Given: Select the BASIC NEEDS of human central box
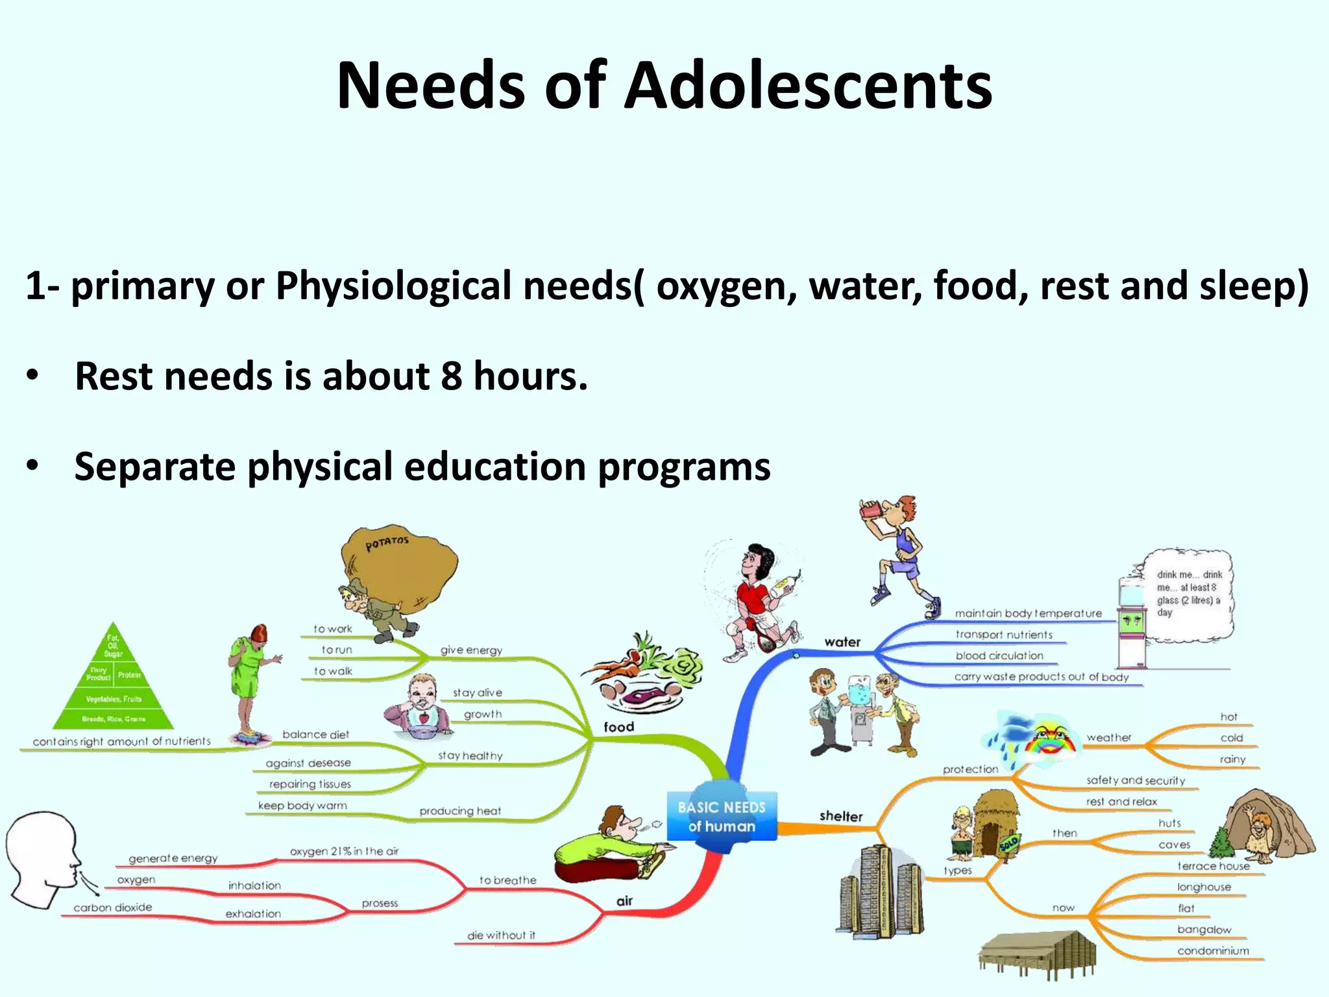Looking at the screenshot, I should coord(722,817).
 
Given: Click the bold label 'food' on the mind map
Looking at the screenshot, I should coord(618,727).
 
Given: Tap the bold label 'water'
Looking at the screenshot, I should coord(842,642).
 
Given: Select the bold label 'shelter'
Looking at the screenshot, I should coord(841,816).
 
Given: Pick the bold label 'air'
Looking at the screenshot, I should coord(624,900).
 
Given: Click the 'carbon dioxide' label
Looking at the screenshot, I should coord(113,907).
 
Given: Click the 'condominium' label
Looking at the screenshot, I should coord(1213,951).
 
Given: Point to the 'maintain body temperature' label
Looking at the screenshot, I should coord(1028,613).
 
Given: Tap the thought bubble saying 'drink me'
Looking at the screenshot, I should coord(1188,594).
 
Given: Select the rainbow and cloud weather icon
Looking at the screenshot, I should coord(1032,740).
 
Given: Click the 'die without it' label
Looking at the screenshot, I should coord(501,935).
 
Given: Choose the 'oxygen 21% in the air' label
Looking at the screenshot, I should coord(344,851).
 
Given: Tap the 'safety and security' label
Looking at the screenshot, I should coord(1136,780).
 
